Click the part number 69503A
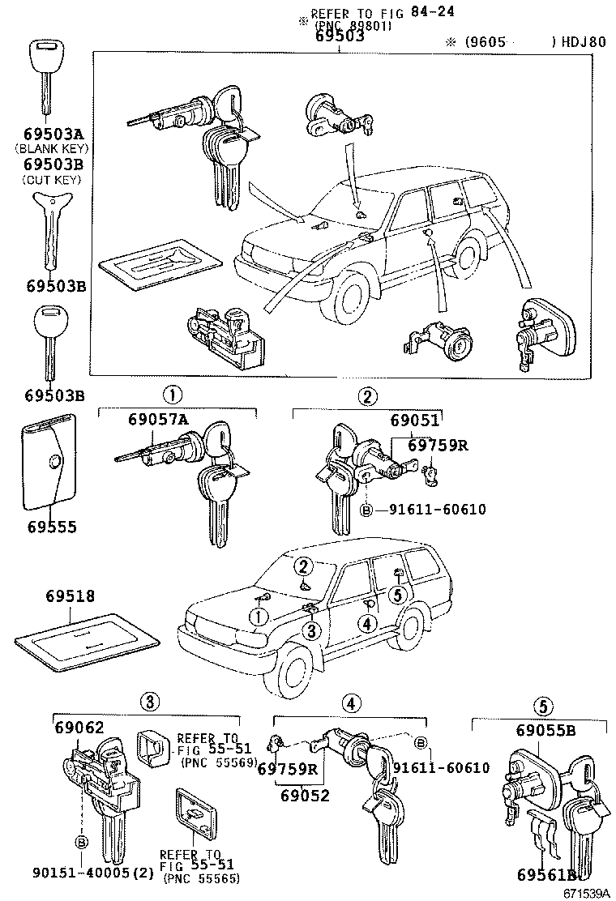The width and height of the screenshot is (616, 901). coord(51,134)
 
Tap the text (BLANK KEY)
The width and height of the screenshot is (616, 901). coord(51,148)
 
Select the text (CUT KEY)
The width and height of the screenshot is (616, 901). coord(51,178)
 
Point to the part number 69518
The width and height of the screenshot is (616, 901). coord(65,596)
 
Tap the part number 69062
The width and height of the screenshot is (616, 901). coord(79,728)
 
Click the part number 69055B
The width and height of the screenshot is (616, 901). coord(545,730)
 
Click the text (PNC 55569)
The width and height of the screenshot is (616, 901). coord(218,762)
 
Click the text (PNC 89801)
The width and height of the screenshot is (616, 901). coord(353,26)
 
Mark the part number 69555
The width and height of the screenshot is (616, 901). coord(51,527)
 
